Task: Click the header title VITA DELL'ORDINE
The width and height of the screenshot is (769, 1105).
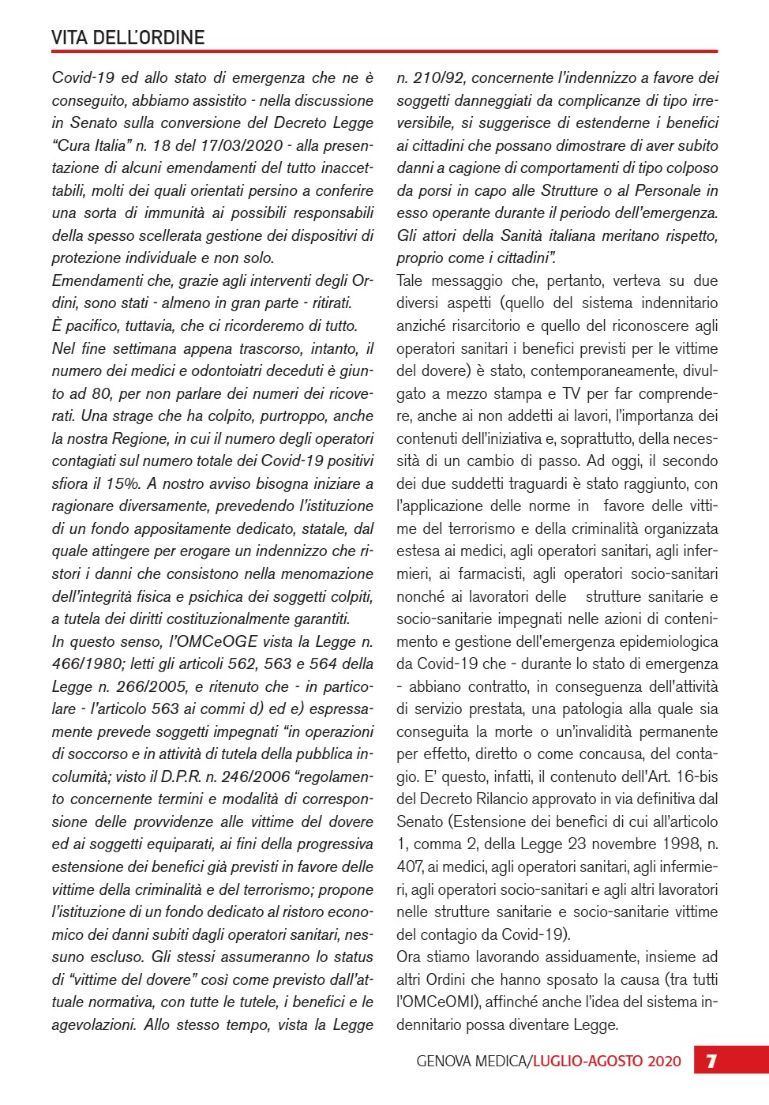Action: pos(128,37)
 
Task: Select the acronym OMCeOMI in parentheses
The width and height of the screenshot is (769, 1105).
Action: pos(438,1002)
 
